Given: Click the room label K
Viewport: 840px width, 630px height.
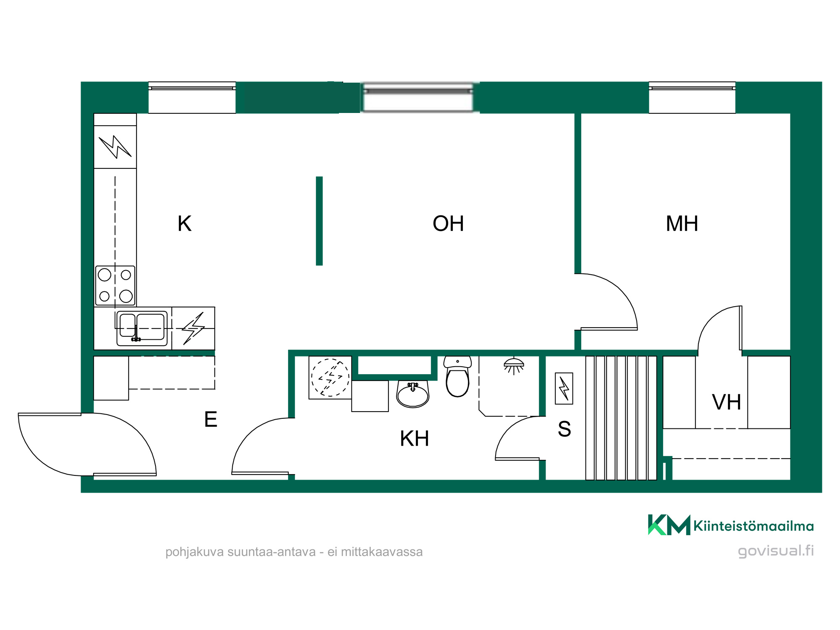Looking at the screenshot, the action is tap(185, 223).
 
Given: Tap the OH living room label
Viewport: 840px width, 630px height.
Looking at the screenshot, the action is tap(448, 223).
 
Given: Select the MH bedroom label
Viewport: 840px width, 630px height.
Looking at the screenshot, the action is tap(682, 223).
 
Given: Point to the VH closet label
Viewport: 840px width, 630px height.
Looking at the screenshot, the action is tap(727, 402).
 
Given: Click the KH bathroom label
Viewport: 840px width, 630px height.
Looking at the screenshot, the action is tap(415, 438).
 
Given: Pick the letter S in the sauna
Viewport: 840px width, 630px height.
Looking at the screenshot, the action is tap(564, 429).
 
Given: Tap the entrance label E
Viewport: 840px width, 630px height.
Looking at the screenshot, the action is tap(211, 419).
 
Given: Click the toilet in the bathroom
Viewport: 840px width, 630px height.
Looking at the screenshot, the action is tap(457, 376).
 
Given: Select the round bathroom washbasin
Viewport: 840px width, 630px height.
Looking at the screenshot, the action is tap(413, 394).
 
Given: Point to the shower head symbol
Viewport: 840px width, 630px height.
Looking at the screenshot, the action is tap(514, 366).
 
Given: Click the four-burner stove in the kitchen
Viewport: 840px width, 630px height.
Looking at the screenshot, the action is tap(115, 286).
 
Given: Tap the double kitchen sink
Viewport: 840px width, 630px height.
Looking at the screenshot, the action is tap(142, 328).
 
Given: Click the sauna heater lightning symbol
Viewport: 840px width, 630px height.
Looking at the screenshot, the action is tap(564, 388).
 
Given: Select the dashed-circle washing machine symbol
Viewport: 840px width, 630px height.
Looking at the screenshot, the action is tap(330, 377).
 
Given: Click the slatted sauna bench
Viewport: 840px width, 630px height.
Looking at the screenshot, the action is tap(621, 418).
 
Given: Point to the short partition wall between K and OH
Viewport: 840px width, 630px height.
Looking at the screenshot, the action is tap(319, 221).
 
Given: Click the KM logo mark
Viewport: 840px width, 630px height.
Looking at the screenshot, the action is tap(669, 525).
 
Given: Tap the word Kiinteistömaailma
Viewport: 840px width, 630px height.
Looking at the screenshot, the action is tap(753, 526).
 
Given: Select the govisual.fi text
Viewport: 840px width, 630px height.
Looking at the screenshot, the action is tap(776, 551).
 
